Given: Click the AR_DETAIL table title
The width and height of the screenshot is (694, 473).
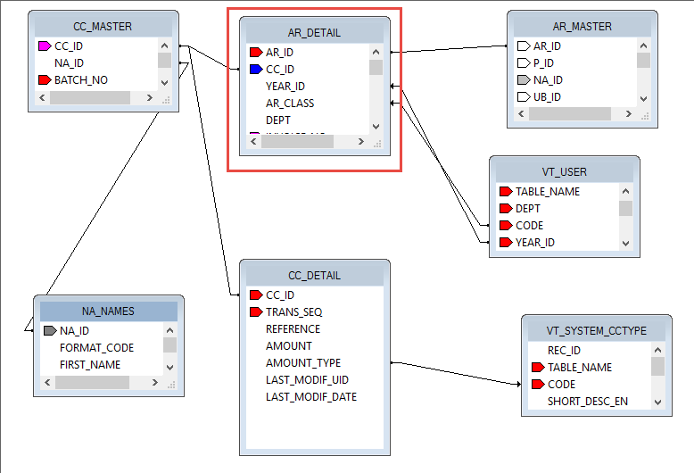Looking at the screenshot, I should click(x=315, y=33).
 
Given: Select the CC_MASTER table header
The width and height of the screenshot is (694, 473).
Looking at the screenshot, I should click(x=103, y=27).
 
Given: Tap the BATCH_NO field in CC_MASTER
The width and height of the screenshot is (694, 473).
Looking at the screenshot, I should click(x=80, y=80).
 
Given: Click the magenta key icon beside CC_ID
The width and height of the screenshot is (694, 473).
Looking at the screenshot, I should click(x=45, y=46).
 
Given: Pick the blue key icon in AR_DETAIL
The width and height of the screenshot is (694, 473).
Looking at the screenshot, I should click(x=256, y=69).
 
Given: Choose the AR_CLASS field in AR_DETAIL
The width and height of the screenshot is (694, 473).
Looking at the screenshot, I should click(x=290, y=103).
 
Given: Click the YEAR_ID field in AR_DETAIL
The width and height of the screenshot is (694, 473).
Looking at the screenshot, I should click(x=285, y=86).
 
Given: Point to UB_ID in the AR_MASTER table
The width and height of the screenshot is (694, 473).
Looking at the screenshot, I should click(x=547, y=96).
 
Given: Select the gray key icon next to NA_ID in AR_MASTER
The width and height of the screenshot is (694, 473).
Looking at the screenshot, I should click(x=524, y=79).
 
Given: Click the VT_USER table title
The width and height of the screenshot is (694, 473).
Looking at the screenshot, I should click(x=564, y=172).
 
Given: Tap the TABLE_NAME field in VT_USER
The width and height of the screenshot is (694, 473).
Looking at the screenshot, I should click(x=548, y=191).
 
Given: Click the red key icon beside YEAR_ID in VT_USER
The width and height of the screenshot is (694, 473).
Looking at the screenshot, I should click(x=506, y=242).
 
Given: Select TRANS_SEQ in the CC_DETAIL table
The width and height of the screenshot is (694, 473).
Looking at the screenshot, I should click(x=293, y=311).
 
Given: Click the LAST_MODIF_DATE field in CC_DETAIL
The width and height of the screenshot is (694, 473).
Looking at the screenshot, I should click(x=310, y=396).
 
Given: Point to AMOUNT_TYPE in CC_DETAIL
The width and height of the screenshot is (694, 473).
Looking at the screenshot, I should click(x=303, y=362).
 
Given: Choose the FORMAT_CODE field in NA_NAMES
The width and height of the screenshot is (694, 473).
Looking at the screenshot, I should click(x=96, y=347).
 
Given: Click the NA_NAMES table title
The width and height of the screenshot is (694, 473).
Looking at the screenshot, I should click(x=108, y=311).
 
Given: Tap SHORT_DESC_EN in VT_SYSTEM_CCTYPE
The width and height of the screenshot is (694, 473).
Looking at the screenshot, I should click(x=587, y=401).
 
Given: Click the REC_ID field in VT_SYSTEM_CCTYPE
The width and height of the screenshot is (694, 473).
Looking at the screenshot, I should click(x=564, y=350).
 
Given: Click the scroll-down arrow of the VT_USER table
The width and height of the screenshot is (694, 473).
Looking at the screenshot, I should click(x=625, y=243).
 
